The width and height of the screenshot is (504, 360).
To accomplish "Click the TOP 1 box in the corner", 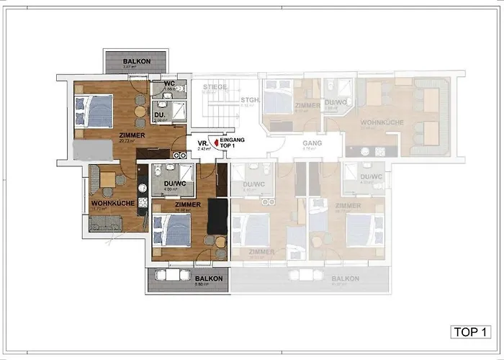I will (472, 332).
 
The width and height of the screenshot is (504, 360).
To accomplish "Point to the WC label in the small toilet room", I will (170, 84).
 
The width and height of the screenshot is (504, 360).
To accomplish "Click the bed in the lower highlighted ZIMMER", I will (173, 230).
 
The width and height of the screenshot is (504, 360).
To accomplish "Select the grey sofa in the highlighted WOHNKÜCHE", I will (110, 222).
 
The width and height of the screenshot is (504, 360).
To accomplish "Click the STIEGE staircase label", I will (215, 87).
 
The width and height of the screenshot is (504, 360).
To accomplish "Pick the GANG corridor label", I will (312, 143).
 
